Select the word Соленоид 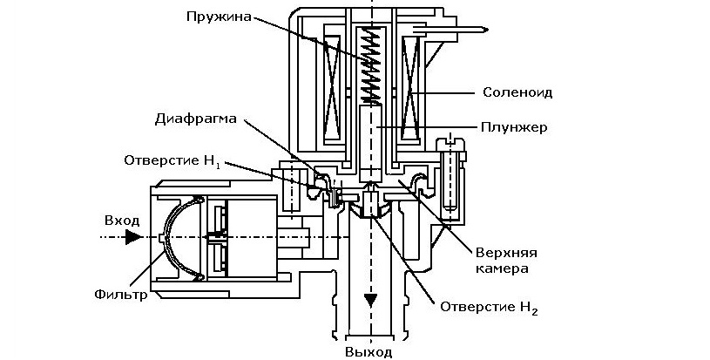(517, 92)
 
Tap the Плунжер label (513, 127)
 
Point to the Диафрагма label (194, 119)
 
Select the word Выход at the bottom (370, 352)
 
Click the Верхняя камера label (503, 260)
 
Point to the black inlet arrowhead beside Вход (132, 236)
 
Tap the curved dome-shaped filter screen (174, 236)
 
